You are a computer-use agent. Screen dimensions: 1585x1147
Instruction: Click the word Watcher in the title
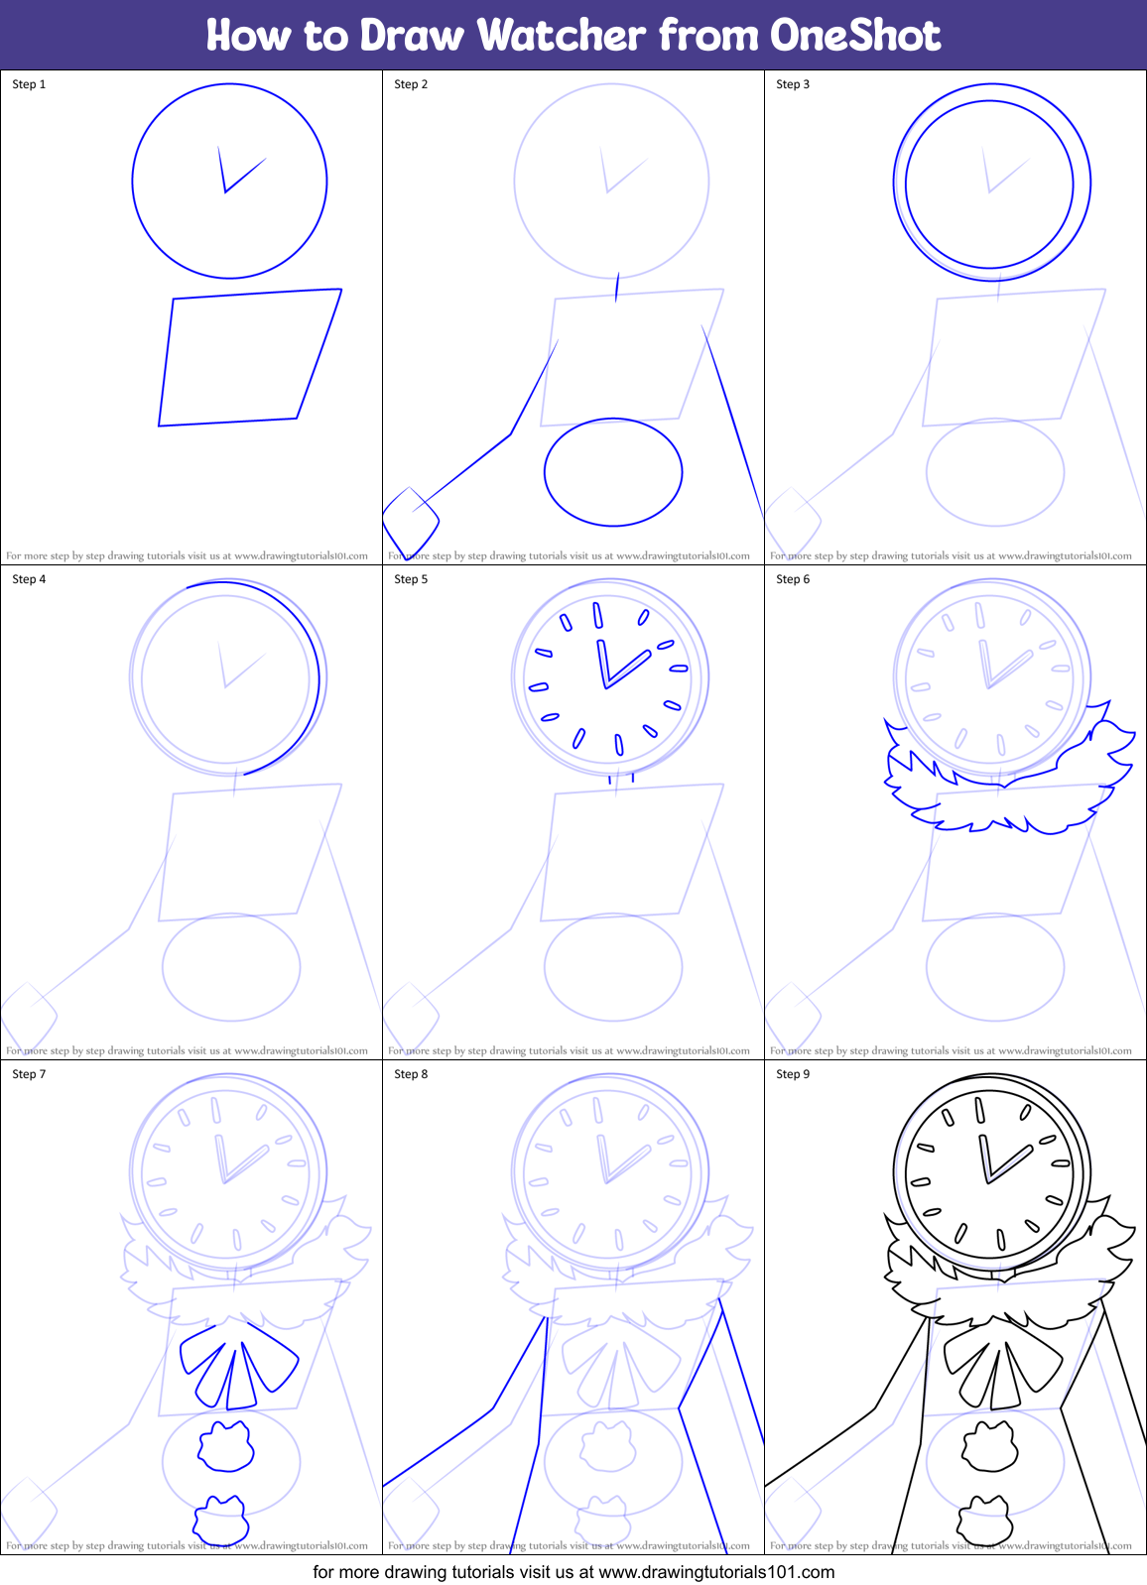pyautogui.click(x=562, y=36)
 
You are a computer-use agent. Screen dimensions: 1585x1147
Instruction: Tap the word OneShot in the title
pyautogui.click(x=855, y=36)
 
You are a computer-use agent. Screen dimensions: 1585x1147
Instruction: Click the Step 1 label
pyautogui.click(x=29, y=84)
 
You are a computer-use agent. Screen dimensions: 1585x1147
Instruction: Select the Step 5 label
pyautogui.click(x=411, y=579)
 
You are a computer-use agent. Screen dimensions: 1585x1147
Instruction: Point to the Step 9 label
pyautogui.click(x=793, y=1074)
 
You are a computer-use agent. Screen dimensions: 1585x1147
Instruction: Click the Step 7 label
pyautogui.click(x=29, y=1074)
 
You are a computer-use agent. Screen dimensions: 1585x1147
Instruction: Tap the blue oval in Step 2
pyautogui.click(x=613, y=472)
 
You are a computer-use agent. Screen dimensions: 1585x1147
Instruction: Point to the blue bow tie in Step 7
pyautogui.click(x=238, y=1365)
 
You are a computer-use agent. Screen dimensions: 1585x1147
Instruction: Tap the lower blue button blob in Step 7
pyautogui.click(x=221, y=1520)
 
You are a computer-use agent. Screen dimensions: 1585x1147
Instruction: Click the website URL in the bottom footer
pyautogui.click(x=716, y=1572)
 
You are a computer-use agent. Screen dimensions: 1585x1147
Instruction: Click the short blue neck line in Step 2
pyautogui.click(x=617, y=288)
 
